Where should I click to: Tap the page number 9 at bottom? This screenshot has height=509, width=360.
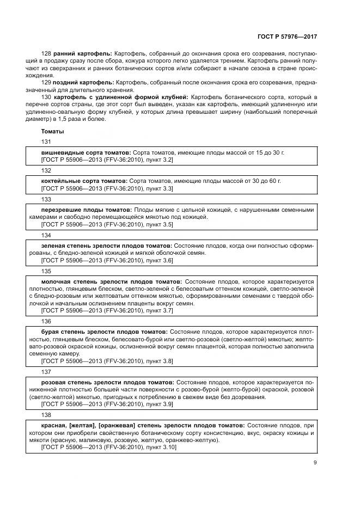(x=315, y=463)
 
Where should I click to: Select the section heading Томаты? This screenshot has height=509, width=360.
(x=52, y=132)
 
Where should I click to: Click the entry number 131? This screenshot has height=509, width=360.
(x=46, y=142)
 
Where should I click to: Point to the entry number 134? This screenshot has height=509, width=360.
(x=46, y=235)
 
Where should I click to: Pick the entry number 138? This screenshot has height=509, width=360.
(x=46, y=415)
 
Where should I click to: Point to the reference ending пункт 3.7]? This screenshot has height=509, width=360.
(x=159, y=310)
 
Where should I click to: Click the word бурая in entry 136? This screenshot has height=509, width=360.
(x=51, y=332)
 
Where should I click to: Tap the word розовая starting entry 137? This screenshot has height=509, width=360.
(x=54, y=383)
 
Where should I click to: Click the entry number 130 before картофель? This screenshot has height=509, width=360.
(x=46, y=96)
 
